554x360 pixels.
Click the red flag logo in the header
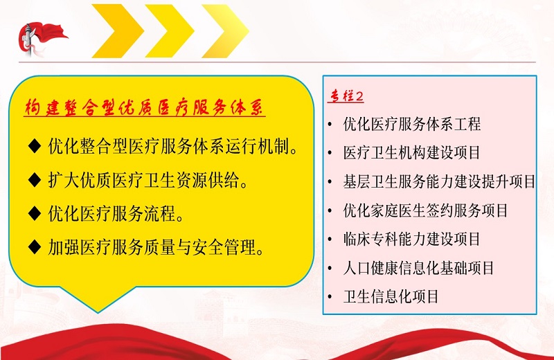(41, 39)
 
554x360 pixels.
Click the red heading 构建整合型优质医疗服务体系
(144, 107)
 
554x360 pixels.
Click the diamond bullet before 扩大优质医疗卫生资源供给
(35, 179)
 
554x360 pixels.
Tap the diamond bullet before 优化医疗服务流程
(35, 213)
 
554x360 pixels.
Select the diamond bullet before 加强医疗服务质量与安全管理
(35, 246)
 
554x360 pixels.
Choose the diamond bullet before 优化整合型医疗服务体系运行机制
(35, 145)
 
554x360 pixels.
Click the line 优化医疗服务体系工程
(412, 125)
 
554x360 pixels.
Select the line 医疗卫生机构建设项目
(412, 153)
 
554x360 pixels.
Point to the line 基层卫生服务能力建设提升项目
(440, 181)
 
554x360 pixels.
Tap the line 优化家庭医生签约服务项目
(426, 210)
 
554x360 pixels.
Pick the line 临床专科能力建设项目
(412, 239)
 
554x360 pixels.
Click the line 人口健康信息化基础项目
(419, 268)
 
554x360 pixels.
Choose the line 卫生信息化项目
(391, 297)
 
